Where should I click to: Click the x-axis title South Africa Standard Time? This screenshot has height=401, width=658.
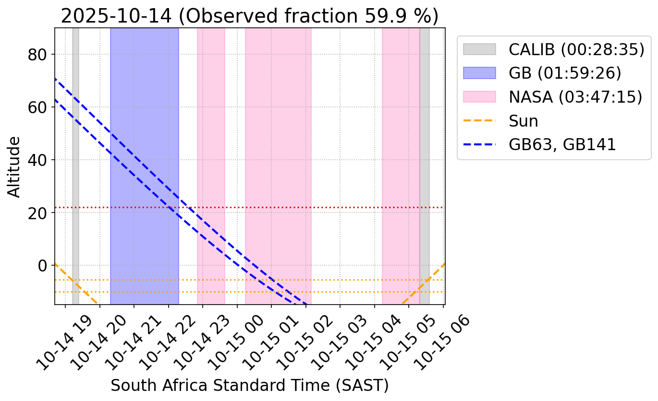(x=250, y=386)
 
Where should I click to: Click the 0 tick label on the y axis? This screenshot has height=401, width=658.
(x=45, y=265)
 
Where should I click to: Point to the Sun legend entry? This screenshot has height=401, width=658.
(x=524, y=121)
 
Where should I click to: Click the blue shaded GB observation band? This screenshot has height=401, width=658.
(x=144, y=120)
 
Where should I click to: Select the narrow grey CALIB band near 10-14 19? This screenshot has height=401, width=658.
(x=75, y=144)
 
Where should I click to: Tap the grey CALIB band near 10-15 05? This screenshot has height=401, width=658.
(x=425, y=144)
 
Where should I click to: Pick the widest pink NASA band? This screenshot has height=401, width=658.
(x=278, y=144)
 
